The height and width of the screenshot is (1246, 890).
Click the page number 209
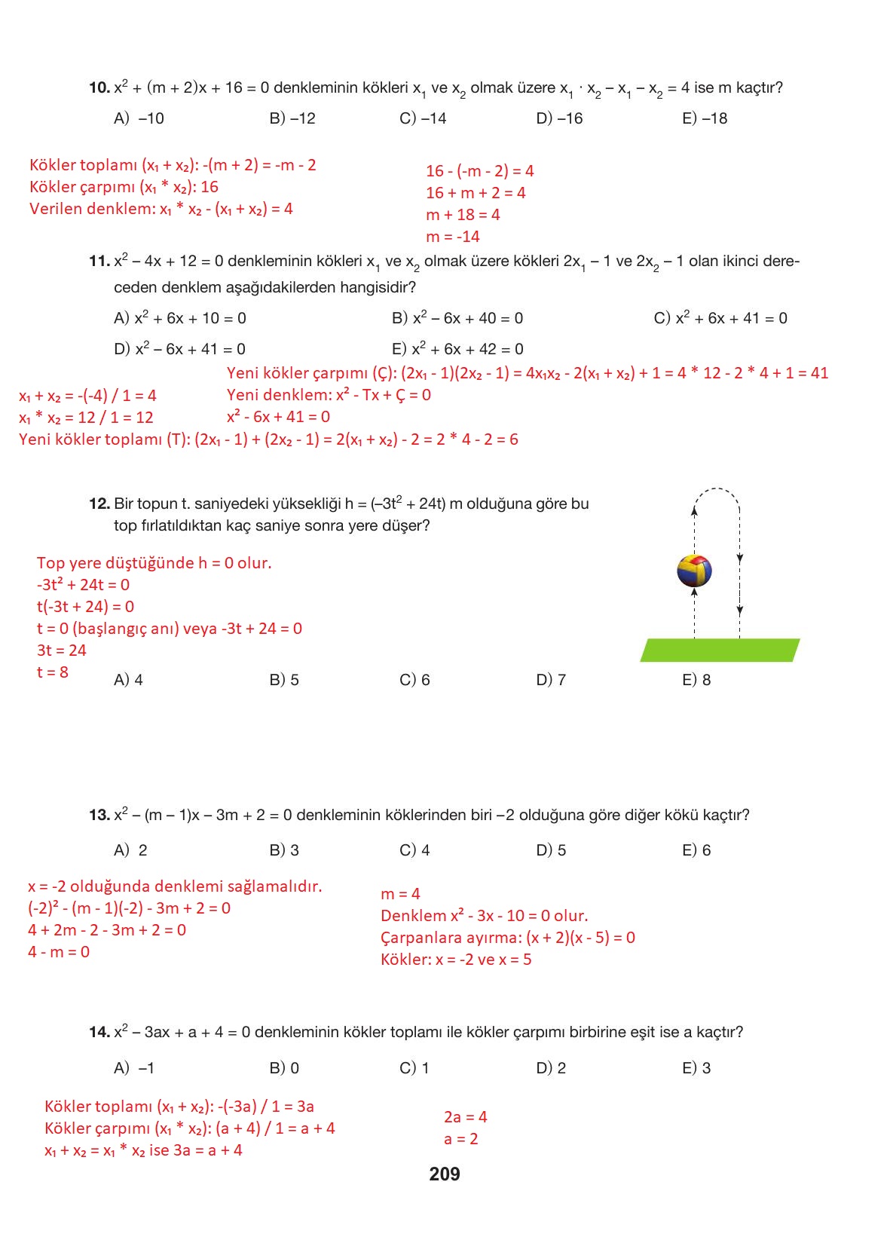click(x=444, y=1174)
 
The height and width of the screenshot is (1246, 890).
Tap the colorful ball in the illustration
click(x=694, y=571)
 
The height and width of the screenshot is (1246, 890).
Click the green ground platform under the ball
click(x=719, y=650)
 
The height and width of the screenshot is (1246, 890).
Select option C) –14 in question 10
click(x=423, y=118)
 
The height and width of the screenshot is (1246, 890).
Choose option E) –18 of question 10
click(x=705, y=118)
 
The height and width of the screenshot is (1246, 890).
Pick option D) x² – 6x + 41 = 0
click(x=179, y=349)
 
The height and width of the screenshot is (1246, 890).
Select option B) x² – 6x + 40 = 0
click(x=457, y=318)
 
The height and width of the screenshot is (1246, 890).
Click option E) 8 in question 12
click(x=696, y=680)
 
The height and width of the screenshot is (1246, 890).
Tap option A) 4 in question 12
click(x=128, y=680)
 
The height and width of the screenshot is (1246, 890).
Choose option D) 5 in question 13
click(x=551, y=850)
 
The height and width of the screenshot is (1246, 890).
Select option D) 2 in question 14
click(x=551, y=1068)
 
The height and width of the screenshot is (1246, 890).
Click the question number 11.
click(x=99, y=262)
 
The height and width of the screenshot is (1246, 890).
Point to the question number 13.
click(x=99, y=815)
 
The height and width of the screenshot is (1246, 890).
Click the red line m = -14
click(x=452, y=237)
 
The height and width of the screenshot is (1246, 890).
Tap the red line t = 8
click(x=53, y=672)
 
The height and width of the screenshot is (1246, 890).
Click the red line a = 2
click(x=460, y=1139)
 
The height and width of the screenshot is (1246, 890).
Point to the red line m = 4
click(x=400, y=894)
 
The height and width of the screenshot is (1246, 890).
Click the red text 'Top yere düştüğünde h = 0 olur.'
click(x=154, y=563)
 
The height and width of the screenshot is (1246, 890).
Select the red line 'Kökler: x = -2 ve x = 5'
click(x=456, y=960)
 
